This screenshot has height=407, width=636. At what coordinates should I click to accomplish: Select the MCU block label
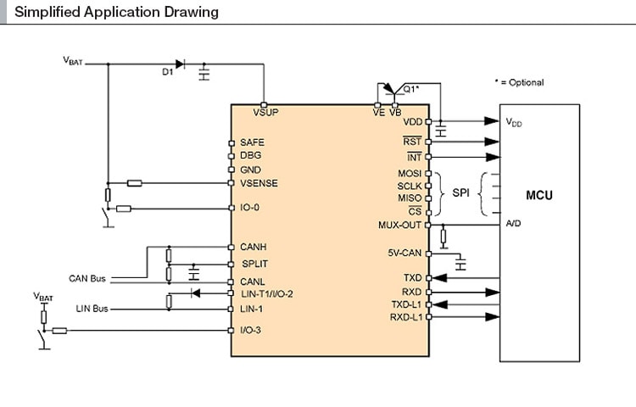click(x=538, y=196)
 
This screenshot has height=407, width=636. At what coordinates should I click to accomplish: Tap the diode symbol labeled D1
click(x=179, y=64)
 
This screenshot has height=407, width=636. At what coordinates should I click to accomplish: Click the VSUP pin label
click(x=265, y=112)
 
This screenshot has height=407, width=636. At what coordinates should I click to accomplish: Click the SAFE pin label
click(x=252, y=142)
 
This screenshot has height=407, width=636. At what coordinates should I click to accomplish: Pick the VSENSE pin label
click(x=259, y=183)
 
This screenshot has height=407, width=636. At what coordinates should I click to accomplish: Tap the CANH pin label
click(x=254, y=247)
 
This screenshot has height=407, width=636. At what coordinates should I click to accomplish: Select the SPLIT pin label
click(x=255, y=264)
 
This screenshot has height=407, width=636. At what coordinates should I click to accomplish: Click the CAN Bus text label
click(x=87, y=278)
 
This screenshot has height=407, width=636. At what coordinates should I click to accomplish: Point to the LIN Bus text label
click(x=92, y=309)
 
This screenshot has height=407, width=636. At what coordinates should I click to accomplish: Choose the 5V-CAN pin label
click(x=404, y=253)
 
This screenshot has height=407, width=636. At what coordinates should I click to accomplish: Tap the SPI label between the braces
click(x=460, y=193)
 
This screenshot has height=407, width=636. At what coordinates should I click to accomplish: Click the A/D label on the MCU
click(x=513, y=225)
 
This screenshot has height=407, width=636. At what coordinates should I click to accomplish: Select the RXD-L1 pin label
click(x=405, y=316)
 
